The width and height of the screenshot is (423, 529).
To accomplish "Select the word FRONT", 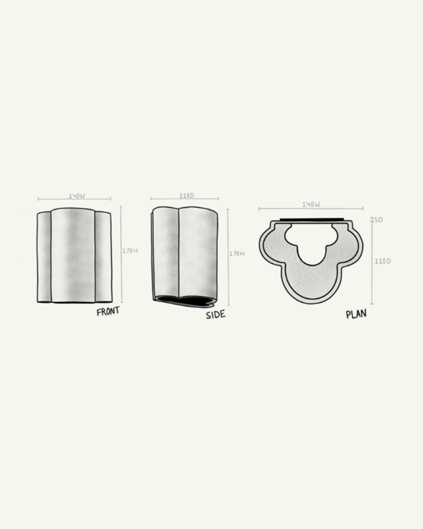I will (x=108, y=312).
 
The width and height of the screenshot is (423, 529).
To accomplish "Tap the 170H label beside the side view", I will (x=237, y=254).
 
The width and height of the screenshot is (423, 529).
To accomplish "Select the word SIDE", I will (x=215, y=315).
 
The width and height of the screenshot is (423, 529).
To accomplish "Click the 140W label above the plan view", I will (x=311, y=205).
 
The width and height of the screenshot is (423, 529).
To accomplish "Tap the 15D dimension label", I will (x=378, y=220).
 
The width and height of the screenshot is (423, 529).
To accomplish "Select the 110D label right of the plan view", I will (x=382, y=261).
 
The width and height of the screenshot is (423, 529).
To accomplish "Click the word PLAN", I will (x=356, y=314).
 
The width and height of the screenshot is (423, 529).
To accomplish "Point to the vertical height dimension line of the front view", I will (x=121, y=254).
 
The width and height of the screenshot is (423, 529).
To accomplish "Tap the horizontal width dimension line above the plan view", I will (x=311, y=209).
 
